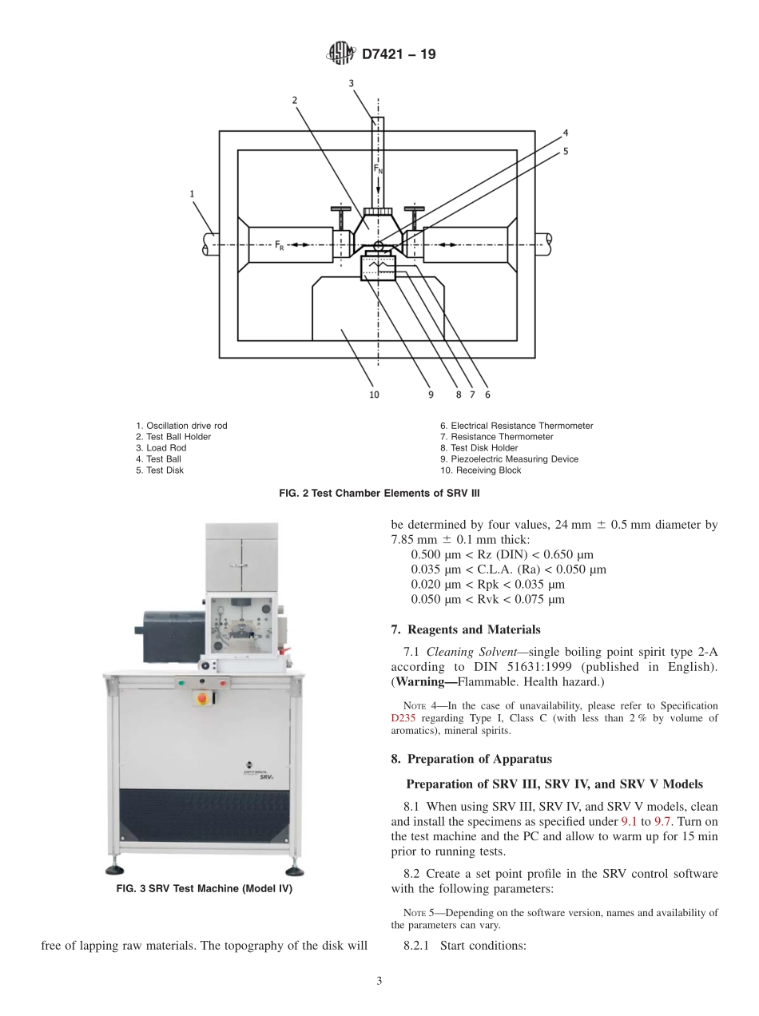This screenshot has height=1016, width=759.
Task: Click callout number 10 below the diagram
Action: pyautogui.click(x=374, y=394)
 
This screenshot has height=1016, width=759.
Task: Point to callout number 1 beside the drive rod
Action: pyautogui.click(x=192, y=192)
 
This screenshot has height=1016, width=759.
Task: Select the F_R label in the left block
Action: pyautogui.click(x=280, y=245)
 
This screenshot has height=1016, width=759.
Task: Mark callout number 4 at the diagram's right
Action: pyautogui.click(x=566, y=133)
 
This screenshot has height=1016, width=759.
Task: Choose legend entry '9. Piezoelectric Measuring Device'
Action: pyautogui.click(x=508, y=459)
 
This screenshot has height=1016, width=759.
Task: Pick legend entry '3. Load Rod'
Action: pyautogui.click(x=161, y=448)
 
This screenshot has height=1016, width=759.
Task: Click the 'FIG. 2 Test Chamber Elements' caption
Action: pyautogui.click(x=379, y=494)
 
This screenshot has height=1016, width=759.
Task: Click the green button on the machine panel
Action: pyautogui.click(x=181, y=683)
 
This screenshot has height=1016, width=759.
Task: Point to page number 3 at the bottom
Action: pyautogui.click(x=379, y=981)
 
